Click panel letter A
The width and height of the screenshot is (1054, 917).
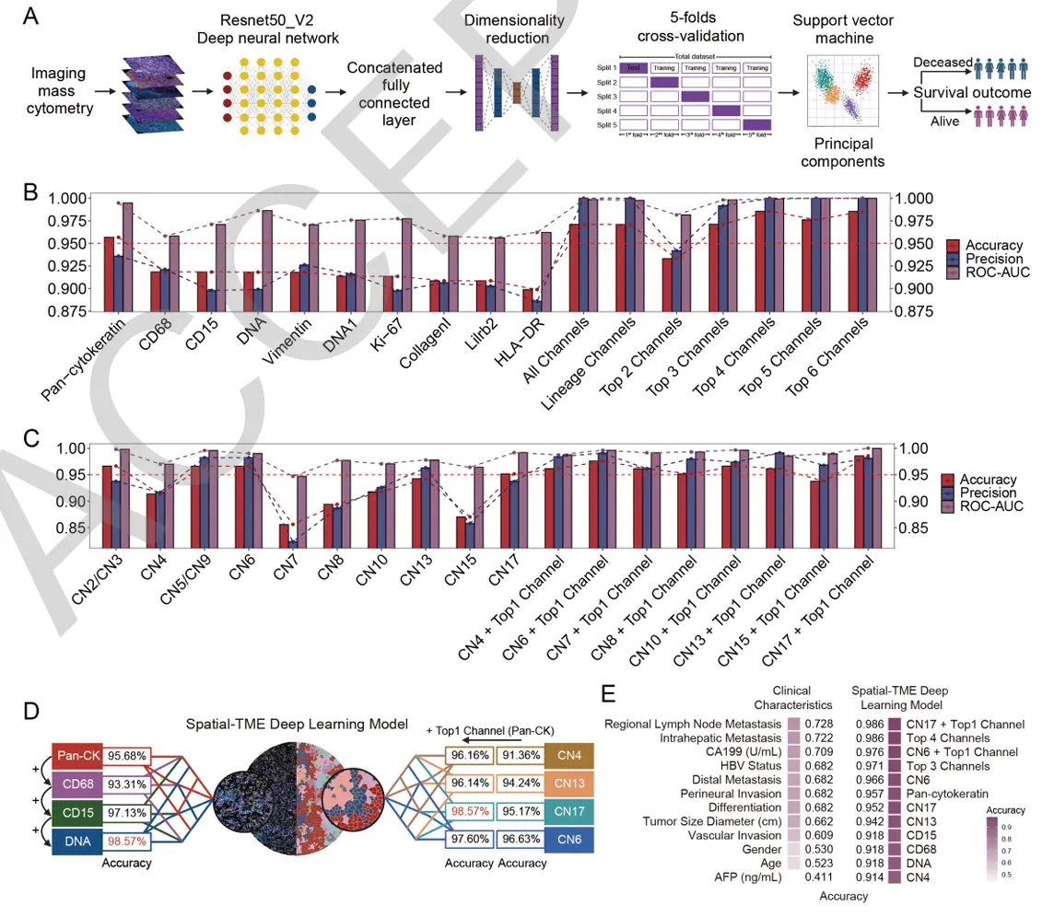[30, 17]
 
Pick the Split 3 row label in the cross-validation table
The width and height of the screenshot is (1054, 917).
[607, 96]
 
